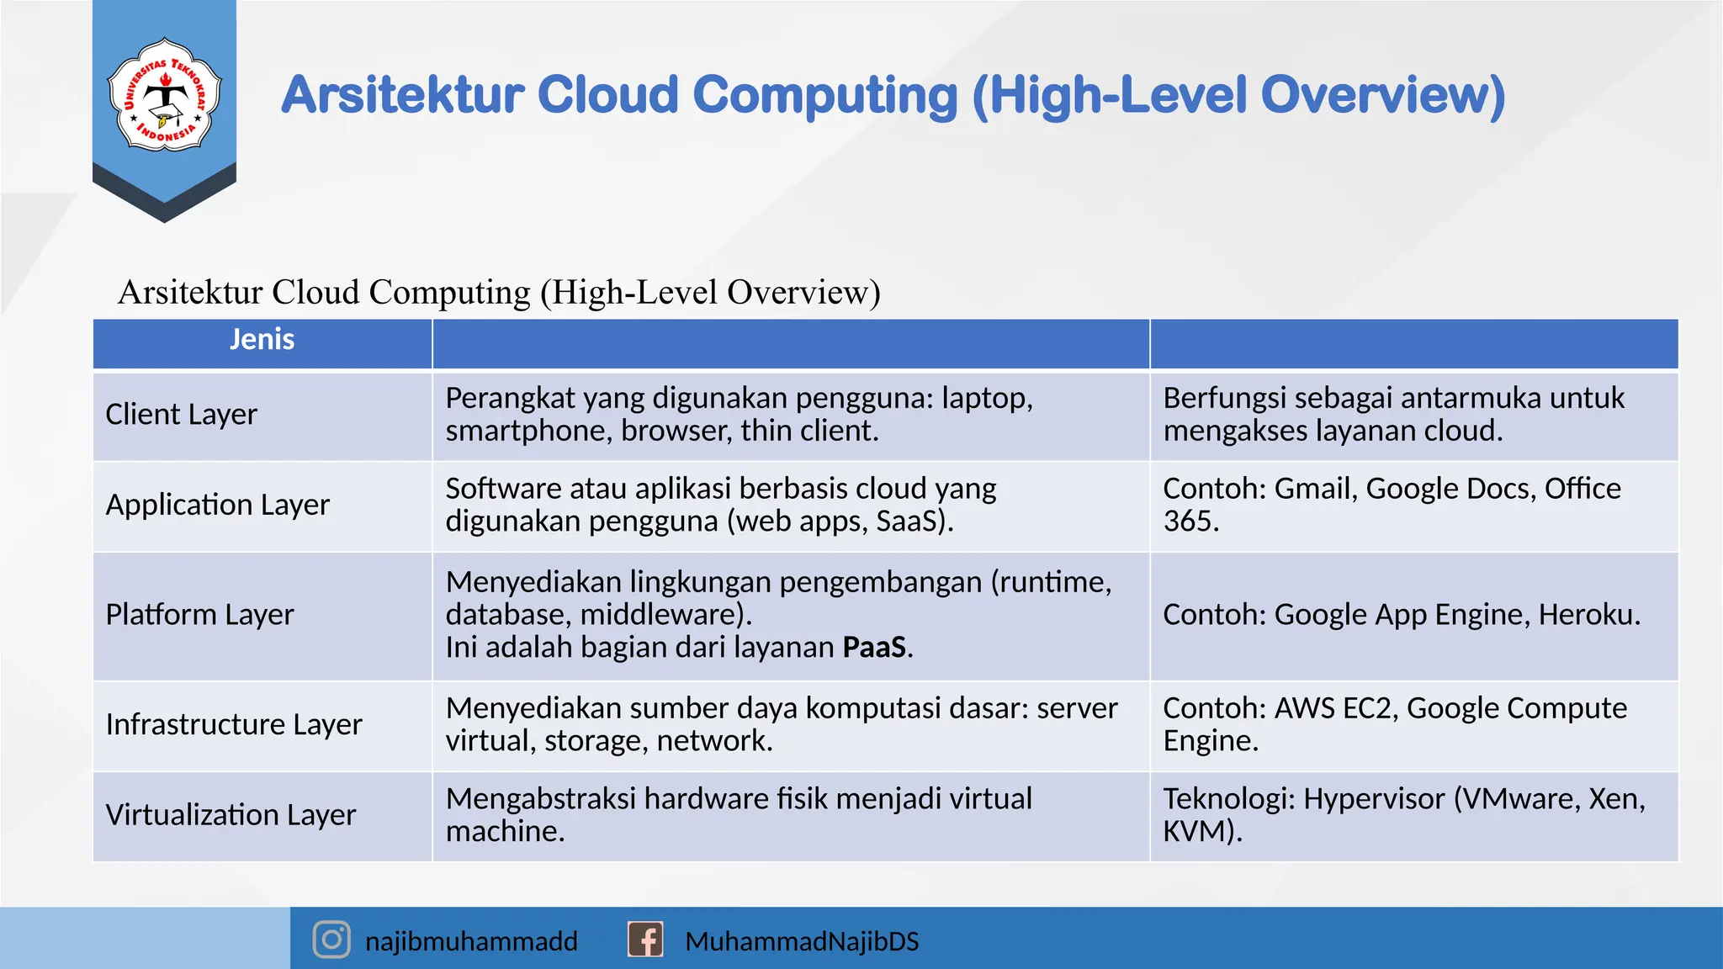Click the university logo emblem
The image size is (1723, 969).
pyautogui.click(x=165, y=94)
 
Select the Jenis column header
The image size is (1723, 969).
pyautogui.click(x=262, y=340)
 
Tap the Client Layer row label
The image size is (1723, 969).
pyautogui.click(x=182, y=415)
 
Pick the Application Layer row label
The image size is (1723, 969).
pyautogui.click(x=217, y=505)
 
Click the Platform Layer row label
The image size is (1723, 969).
pyautogui.click(x=199, y=615)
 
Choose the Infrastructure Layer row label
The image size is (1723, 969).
pyautogui.click(x=234, y=724)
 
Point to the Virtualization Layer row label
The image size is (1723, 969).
pyautogui.click(x=231, y=815)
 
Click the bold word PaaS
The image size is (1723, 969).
pyautogui.click(x=875, y=648)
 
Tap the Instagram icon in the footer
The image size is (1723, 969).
pyautogui.click(x=331, y=940)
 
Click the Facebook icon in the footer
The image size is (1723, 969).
pyautogui.click(x=645, y=940)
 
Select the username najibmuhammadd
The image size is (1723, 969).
pyautogui.click(x=471, y=941)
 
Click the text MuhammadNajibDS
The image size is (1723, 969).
pyautogui.click(x=802, y=941)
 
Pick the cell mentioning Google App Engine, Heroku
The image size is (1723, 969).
pyautogui.click(x=1401, y=615)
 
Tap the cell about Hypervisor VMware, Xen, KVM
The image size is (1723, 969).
pyautogui.click(x=1403, y=814)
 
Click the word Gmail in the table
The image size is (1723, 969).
pyautogui.click(x=1314, y=489)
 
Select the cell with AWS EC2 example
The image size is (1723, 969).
pyautogui.click(x=1394, y=724)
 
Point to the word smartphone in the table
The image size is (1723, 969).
pyautogui.click(x=528, y=432)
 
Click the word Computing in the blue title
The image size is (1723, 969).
pyautogui.click(x=824, y=95)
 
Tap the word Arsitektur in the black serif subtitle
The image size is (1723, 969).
pyautogui.click(x=190, y=293)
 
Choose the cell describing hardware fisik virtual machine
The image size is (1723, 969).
pyautogui.click(x=739, y=814)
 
